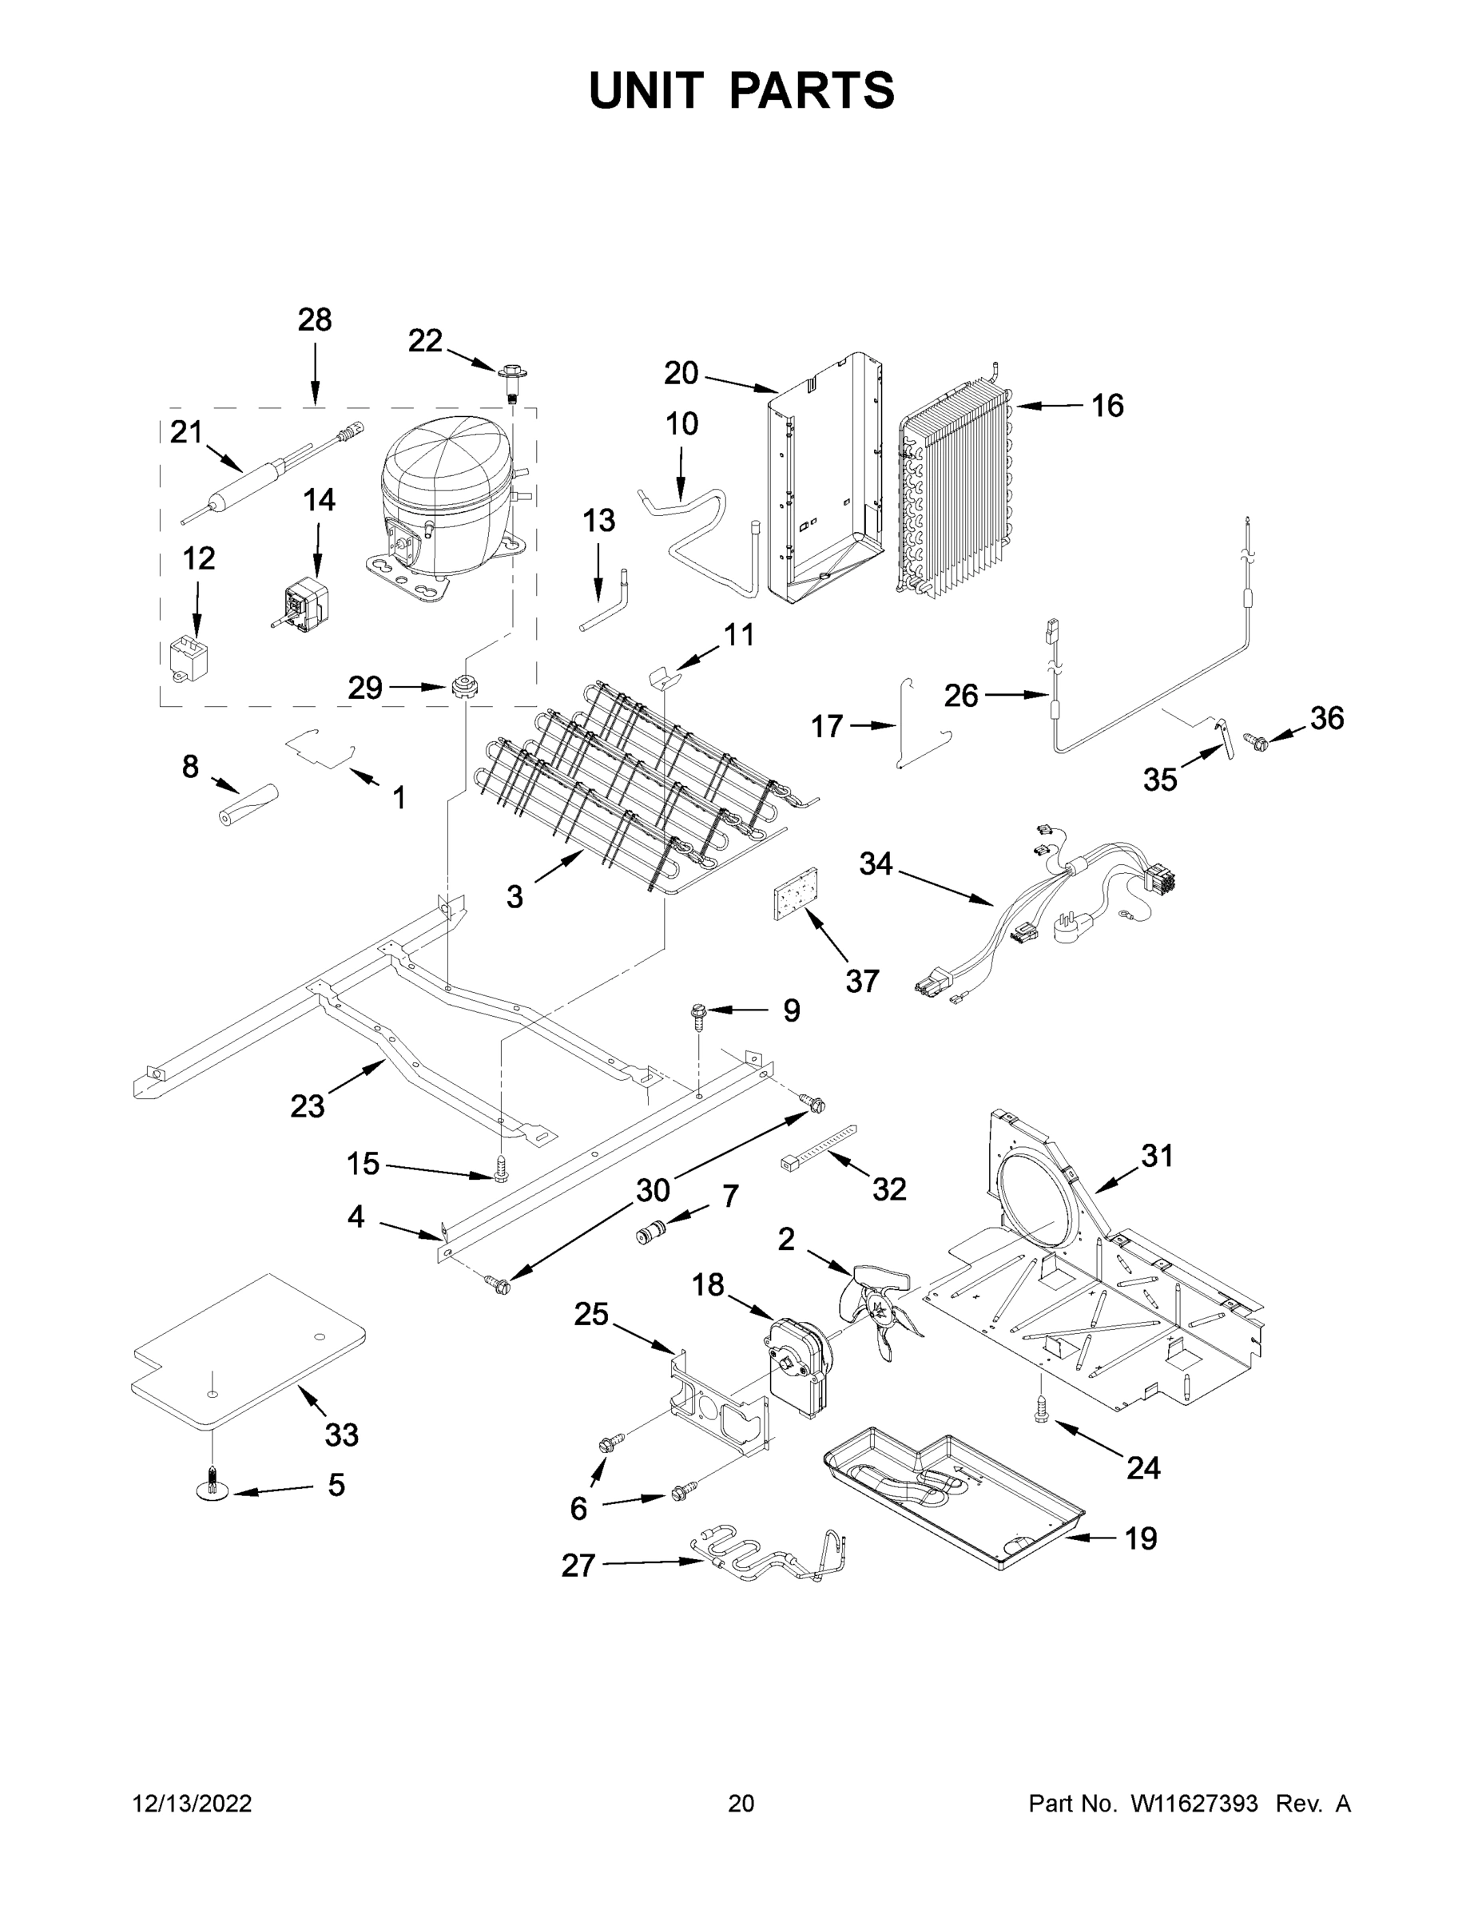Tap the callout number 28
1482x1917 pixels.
tap(314, 319)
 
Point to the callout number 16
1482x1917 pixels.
tap(1107, 406)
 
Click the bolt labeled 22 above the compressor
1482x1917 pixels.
tap(511, 381)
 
